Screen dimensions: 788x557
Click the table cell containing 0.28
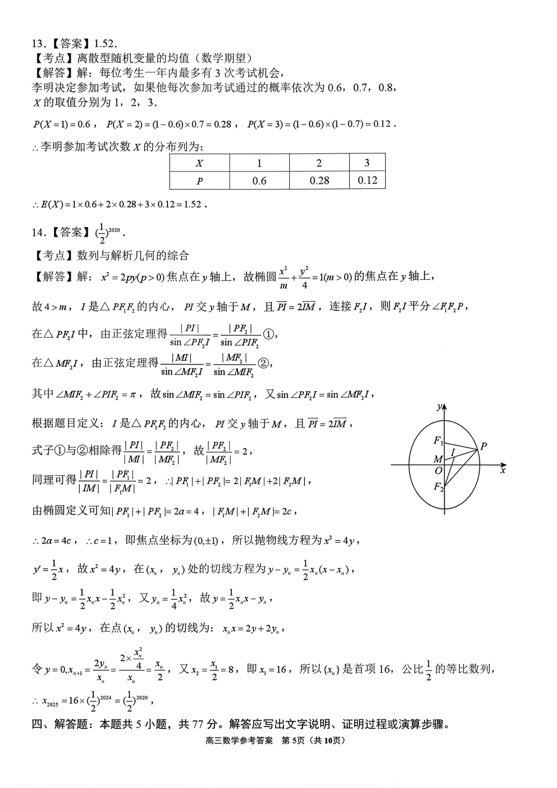(x=319, y=180)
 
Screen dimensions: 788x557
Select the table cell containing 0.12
(x=367, y=180)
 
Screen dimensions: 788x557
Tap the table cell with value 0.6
(x=259, y=180)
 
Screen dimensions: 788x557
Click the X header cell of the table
(x=199, y=164)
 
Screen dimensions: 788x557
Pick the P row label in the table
(x=199, y=181)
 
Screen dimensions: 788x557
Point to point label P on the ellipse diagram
(x=483, y=446)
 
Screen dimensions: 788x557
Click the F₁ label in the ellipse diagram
(x=438, y=441)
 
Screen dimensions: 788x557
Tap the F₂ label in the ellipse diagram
(x=438, y=487)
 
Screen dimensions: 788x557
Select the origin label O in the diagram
(x=439, y=471)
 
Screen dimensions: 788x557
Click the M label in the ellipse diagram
(x=438, y=459)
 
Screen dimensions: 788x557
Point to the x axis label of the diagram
(x=503, y=470)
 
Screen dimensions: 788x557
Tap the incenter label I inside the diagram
(x=453, y=452)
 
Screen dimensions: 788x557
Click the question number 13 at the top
(x=38, y=44)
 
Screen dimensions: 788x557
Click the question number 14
(x=38, y=232)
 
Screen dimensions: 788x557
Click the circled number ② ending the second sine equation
(x=263, y=364)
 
